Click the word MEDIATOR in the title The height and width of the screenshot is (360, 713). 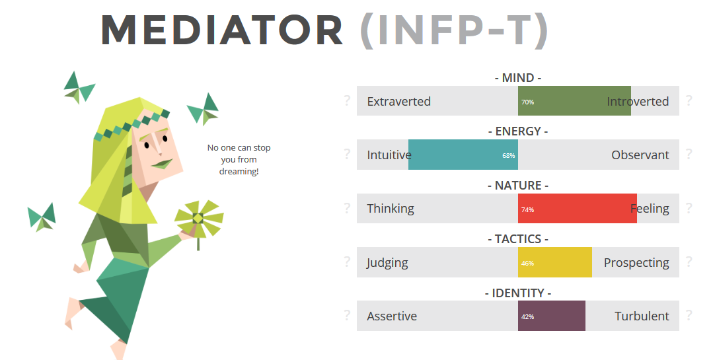click(x=222, y=30)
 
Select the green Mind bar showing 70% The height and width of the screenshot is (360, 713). click(x=574, y=101)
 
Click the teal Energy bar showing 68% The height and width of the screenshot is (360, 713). click(x=463, y=155)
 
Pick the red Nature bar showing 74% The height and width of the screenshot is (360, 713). click(x=578, y=208)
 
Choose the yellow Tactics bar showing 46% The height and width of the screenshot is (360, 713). click(x=555, y=262)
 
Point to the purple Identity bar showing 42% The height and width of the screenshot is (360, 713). click(x=552, y=316)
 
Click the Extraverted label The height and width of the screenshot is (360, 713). click(x=398, y=101)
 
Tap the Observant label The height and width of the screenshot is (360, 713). click(x=640, y=155)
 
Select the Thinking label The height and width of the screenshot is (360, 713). click(x=391, y=209)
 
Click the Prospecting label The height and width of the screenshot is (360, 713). click(x=636, y=263)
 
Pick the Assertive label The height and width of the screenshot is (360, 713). click(x=392, y=316)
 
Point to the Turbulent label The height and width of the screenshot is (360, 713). click(x=642, y=316)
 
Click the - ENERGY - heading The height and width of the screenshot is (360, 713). click(x=518, y=131)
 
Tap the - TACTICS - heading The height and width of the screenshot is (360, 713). click(x=518, y=239)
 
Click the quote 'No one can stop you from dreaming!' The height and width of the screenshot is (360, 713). click(x=239, y=160)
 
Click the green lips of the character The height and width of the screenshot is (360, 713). click(x=161, y=164)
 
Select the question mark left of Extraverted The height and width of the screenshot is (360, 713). click(x=347, y=100)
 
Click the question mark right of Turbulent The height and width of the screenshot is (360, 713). click(x=689, y=316)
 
